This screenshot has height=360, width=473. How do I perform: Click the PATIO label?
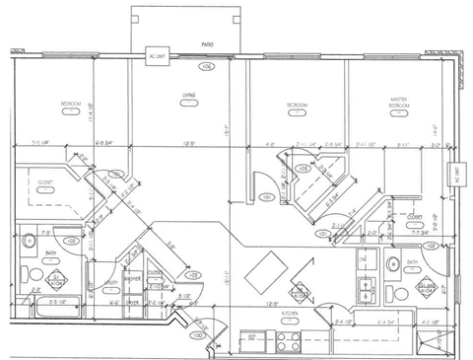208,45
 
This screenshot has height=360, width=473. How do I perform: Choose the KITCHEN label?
290,313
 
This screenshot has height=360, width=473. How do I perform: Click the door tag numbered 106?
206,66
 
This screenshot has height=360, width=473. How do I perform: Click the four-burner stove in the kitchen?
288,343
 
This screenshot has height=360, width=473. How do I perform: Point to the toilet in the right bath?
393,263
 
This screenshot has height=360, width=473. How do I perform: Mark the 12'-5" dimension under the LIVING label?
187,145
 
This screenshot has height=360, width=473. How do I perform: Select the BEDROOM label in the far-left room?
70,104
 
